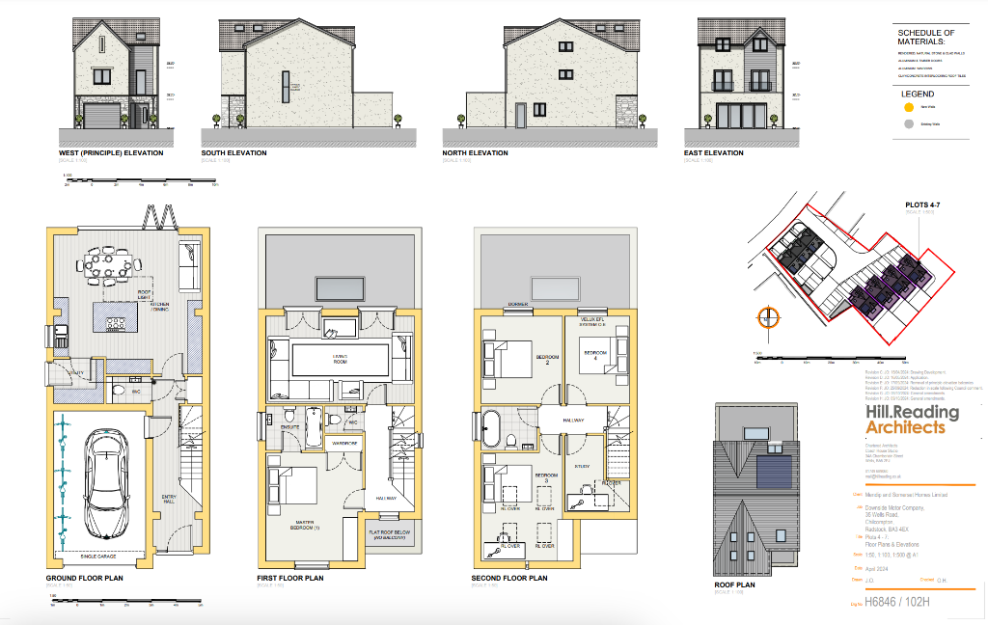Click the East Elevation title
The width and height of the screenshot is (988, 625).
(713, 153)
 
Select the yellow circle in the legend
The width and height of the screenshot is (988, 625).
(908, 108)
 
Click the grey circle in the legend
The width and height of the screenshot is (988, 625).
(908, 125)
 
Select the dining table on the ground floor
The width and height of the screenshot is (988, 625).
(108, 265)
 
